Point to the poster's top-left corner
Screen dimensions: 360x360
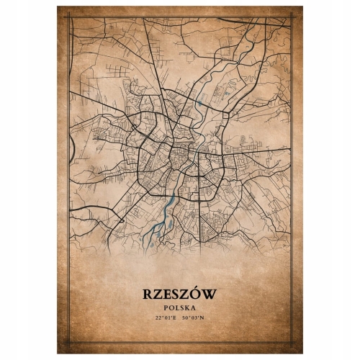(58, 6)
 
